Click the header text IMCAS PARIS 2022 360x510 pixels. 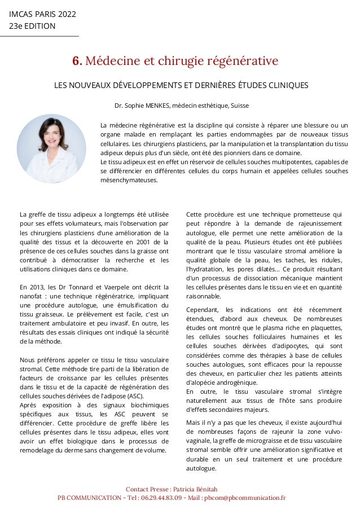(x=42, y=14)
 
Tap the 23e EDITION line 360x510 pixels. (x=32, y=26)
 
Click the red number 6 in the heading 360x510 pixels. (x=75, y=60)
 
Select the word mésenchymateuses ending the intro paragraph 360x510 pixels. (x=129, y=181)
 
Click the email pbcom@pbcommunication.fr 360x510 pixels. (x=244, y=498)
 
